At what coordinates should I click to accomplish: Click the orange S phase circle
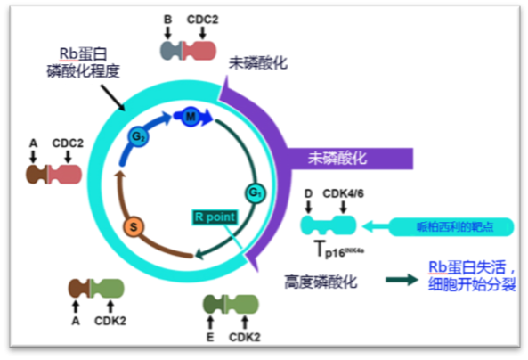pos(134,226)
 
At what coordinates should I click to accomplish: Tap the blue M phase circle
pos(190,115)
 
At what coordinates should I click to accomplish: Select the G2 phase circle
pos(138,137)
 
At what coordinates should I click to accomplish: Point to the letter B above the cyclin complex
pos(167,20)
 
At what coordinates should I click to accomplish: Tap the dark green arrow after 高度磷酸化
pos(402,280)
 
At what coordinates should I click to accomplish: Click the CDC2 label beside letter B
pos(204,20)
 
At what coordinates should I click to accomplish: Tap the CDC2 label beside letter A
pos(67,141)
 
